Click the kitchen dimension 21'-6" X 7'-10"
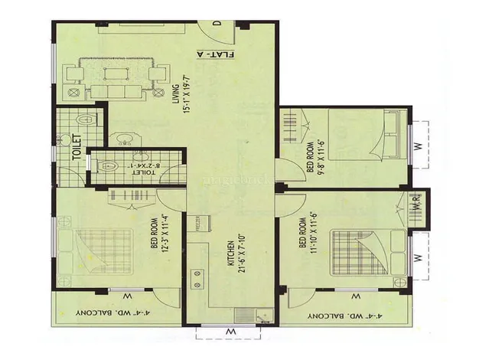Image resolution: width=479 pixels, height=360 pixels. [x=240, y=255]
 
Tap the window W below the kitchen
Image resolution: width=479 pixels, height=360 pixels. [x=229, y=331]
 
